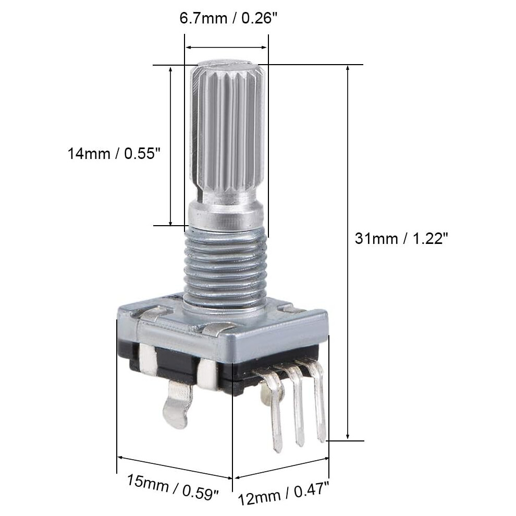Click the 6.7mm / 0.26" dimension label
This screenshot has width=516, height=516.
tap(228, 18)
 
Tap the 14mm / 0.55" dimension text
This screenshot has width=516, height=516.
tap(114, 153)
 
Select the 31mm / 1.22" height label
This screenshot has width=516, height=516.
tap(401, 238)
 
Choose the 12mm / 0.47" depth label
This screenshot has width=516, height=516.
tap(284, 493)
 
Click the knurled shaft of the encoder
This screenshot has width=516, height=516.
tap(228, 132)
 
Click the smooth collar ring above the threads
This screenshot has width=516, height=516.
tap(226, 216)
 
